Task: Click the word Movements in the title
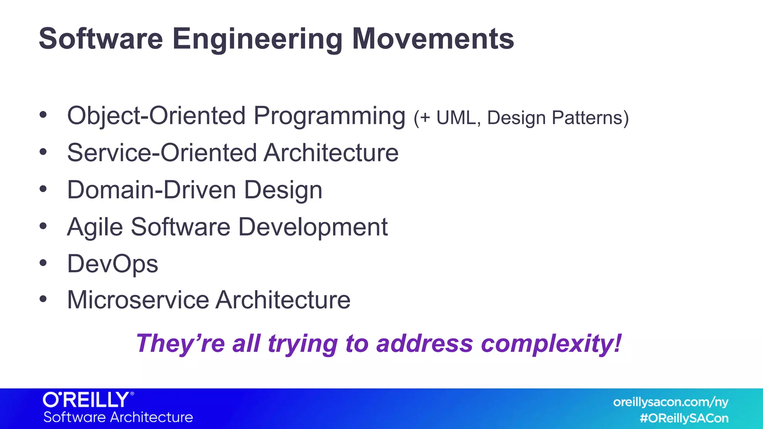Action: click(433, 39)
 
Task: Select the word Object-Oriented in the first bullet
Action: click(156, 116)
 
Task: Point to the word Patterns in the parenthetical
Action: click(590, 118)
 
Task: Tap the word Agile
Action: click(95, 227)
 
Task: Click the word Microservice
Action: click(138, 300)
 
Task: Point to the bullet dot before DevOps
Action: click(43, 263)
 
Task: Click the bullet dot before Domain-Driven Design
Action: click(43, 189)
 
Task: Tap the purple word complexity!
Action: click(551, 344)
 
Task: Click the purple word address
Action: click(424, 344)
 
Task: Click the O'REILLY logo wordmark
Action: click(88, 400)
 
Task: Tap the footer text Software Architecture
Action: click(118, 417)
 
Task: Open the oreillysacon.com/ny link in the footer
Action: click(671, 402)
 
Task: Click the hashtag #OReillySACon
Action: click(684, 418)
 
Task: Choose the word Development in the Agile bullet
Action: click(313, 227)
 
